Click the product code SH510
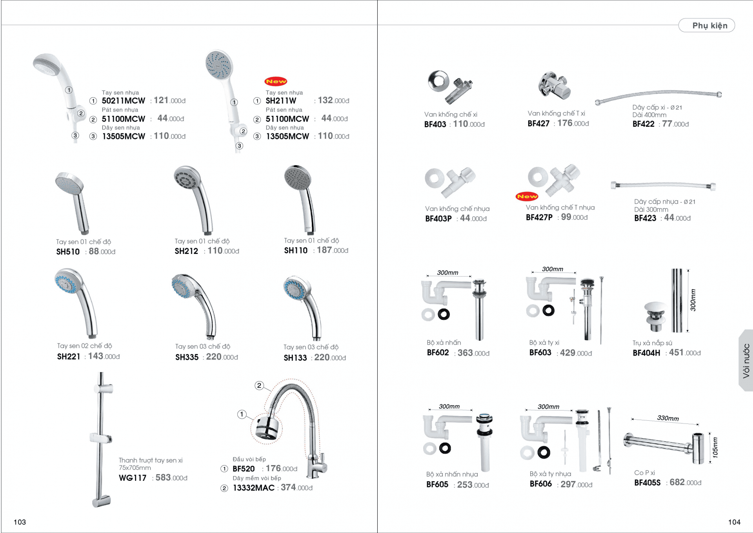coord(68,252)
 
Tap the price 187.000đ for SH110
coord(333,250)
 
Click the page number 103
coord(20,522)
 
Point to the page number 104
coord(734,522)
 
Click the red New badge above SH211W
coord(276,81)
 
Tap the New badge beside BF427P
coord(527,196)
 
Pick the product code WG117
coord(133,478)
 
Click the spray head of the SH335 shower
coord(182,286)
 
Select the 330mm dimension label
coord(668,418)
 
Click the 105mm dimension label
coord(715,447)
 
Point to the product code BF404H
coord(646,353)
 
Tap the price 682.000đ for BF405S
coord(686,482)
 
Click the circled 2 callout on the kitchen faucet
coord(259,385)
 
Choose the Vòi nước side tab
coord(746,361)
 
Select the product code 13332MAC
coord(254,488)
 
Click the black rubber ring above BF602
coord(444,314)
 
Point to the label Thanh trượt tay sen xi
coord(151,460)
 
